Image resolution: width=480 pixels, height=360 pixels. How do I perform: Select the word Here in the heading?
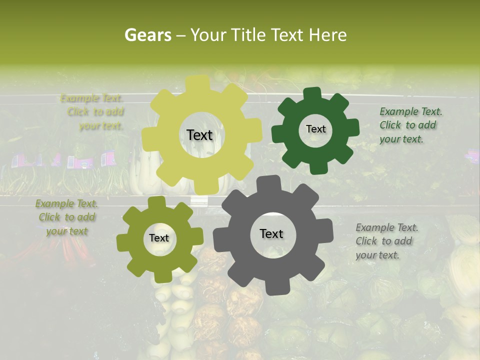pyautogui.click(x=327, y=35)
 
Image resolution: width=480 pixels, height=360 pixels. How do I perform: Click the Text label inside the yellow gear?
pyautogui.click(x=199, y=135)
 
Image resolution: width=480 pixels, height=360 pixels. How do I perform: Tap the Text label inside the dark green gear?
pyautogui.click(x=315, y=129)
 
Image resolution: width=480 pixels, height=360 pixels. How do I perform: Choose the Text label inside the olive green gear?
pyautogui.click(x=159, y=238)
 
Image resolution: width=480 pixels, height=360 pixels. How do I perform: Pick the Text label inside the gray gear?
pyautogui.click(x=271, y=233)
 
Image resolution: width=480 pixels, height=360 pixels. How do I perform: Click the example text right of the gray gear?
pyautogui.click(x=386, y=241)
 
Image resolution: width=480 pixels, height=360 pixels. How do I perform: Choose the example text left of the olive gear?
pyautogui.click(x=66, y=217)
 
